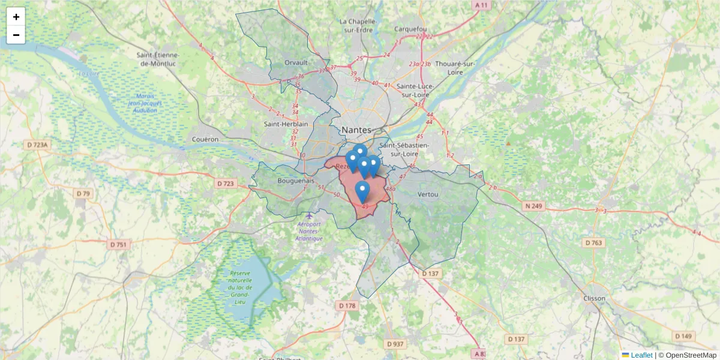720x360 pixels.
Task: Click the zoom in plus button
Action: (16, 17)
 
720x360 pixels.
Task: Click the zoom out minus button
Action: (16, 35)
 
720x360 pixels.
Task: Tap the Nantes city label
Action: (356, 130)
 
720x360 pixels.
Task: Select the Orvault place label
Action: (296, 62)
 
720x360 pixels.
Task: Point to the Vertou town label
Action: (428, 194)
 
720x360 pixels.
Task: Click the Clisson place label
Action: (594, 298)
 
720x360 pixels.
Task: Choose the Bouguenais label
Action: (296, 180)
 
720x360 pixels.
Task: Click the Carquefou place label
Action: (410, 29)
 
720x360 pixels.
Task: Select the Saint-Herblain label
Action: (286, 124)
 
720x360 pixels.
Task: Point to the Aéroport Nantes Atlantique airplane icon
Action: (308, 215)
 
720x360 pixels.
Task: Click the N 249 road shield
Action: (533, 206)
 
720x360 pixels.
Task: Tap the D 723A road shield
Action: (37, 145)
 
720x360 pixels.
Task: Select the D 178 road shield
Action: (347, 306)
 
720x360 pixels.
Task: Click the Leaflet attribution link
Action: (641, 355)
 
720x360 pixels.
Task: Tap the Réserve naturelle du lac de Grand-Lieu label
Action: (239, 287)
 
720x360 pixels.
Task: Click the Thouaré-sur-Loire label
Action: (455, 68)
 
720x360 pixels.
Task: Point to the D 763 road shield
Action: (593, 242)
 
